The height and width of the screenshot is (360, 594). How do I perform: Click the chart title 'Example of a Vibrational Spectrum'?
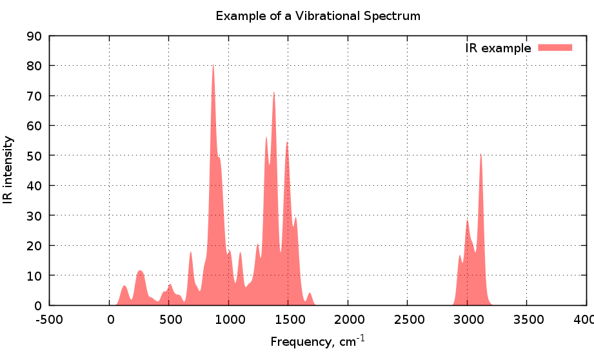318,15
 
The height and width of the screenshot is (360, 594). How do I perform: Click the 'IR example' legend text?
498,48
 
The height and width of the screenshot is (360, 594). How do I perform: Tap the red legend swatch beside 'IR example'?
555,47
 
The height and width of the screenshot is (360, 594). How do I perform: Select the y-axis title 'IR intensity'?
8,170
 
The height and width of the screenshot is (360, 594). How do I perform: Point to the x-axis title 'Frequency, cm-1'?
318,341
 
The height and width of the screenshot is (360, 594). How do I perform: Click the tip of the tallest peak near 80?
213,64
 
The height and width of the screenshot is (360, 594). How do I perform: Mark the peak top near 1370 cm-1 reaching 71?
273,92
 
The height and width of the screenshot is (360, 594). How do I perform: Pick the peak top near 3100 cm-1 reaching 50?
480,154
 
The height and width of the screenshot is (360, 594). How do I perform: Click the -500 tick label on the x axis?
50,319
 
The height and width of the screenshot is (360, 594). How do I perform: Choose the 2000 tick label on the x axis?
348,319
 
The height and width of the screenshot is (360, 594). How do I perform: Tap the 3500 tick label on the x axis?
526,319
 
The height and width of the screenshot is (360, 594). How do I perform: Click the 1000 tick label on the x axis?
228,319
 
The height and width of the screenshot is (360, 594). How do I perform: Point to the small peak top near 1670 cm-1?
310,293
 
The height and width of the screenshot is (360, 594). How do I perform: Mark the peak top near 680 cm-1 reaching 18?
191,252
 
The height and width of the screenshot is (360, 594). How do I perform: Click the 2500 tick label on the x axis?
407,319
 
